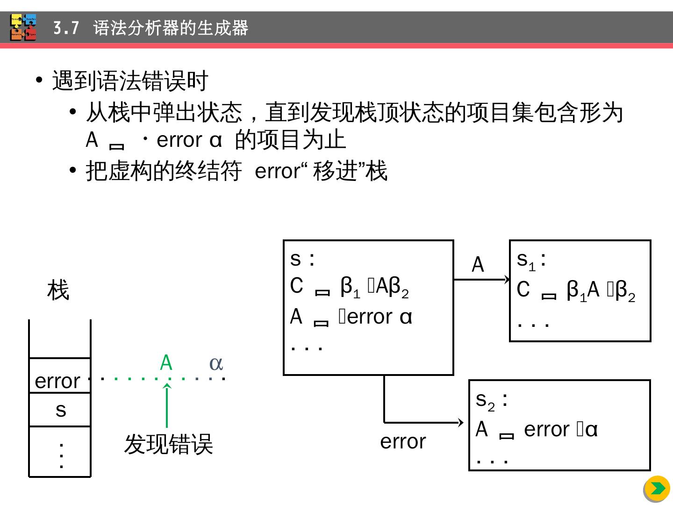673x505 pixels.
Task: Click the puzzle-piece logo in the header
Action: tap(23, 28)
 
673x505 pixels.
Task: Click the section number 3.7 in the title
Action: tap(66, 29)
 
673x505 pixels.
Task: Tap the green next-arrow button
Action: tap(657, 489)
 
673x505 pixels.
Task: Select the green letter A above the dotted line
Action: tap(166, 363)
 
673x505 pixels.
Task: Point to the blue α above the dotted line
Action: tap(216, 363)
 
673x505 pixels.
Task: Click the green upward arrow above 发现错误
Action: tap(167, 405)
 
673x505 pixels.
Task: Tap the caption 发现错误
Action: tap(168, 444)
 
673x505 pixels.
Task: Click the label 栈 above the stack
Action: tap(58, 290)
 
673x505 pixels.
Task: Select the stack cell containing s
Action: tap(60, 410)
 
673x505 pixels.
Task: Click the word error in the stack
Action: tap(57, 381)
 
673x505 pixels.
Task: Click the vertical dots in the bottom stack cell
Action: tap(61, 455)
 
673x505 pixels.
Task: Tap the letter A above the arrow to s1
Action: tap(478, 265)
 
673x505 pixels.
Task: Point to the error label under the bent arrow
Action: tap(403, 441)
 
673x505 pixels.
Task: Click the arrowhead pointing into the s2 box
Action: tap(461, 422)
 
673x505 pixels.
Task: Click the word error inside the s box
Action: tap(370, 317)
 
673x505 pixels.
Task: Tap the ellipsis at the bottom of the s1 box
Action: tap(533, 324)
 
